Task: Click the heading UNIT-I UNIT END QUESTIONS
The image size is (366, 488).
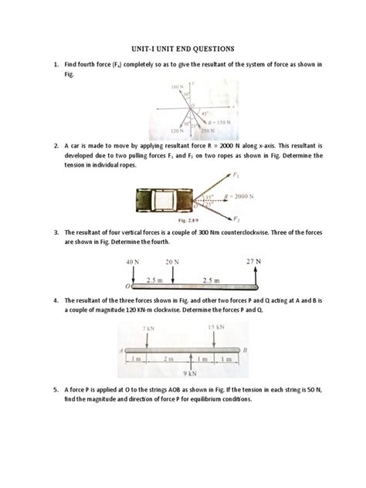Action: (x=183, y=48)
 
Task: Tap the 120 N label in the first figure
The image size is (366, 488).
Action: (x=164, y=131)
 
